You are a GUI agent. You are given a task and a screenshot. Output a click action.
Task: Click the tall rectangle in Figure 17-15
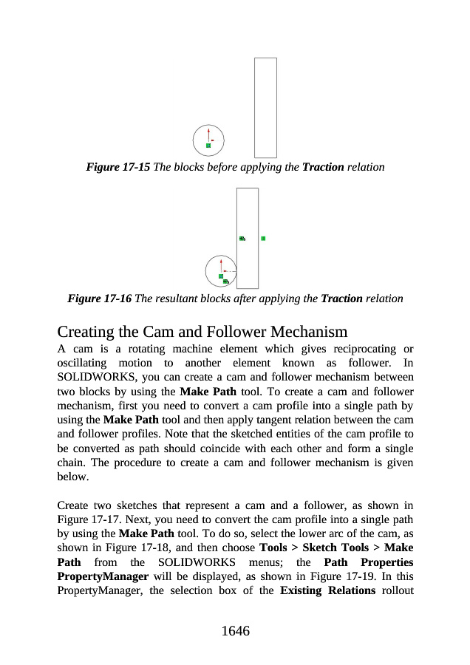click(x=265, y=107)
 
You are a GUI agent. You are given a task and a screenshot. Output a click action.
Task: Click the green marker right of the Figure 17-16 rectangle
click(x=263, y=239)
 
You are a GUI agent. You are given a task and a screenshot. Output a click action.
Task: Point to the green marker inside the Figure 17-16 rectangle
click(x=242, y=239)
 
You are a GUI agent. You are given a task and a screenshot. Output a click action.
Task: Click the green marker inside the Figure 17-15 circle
click(x=208, y=146)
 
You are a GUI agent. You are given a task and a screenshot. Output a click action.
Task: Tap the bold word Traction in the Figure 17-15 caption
click(x=323, y=167)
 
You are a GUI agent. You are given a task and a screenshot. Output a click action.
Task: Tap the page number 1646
click(x=235, y=631)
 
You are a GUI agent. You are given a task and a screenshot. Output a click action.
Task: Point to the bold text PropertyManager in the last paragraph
click(x=103, y=576)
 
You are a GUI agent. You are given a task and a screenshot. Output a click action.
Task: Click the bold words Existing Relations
click(x=327, y=590)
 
